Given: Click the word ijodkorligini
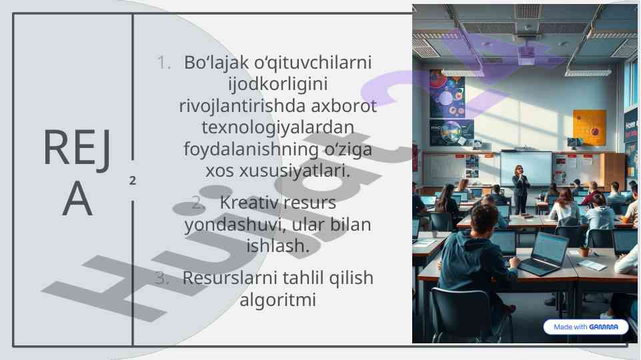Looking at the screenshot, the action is coord(278,85).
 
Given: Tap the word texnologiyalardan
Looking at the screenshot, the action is coord(278,127).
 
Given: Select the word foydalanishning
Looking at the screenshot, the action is coord(251,149).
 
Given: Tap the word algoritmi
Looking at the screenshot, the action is coord(278,300).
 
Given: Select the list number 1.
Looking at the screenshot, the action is coord(163,63).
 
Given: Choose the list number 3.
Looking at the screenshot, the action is coord(162,278).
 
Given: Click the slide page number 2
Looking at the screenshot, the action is coord(133,181).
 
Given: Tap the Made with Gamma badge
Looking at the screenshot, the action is coord(586,327).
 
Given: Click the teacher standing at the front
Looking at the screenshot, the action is coord(520,189).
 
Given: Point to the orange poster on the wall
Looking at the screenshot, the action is coord(589,127).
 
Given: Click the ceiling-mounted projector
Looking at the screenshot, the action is coord(526,57).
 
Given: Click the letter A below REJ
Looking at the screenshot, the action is coord(77,199).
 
